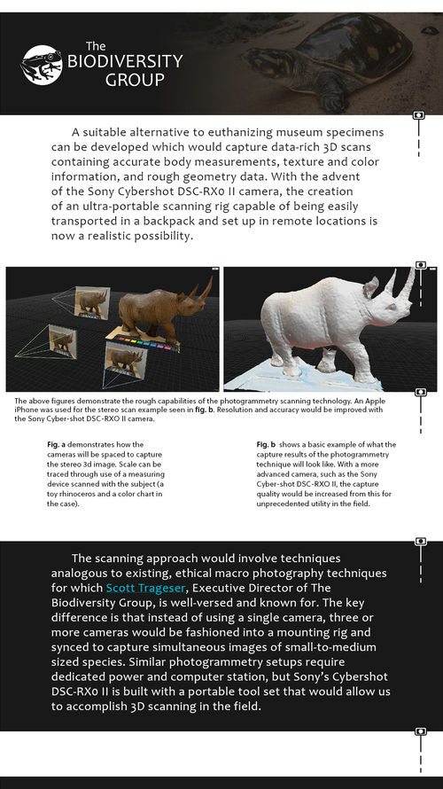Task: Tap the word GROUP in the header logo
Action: pos(135,80)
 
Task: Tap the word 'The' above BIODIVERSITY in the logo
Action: pos(96,45)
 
